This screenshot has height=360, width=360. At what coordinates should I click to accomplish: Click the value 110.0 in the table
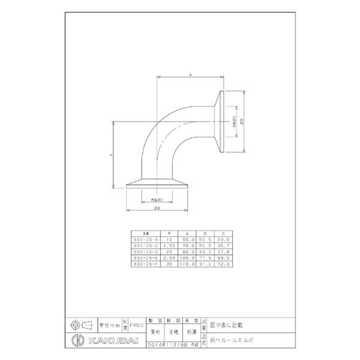click(188, 264)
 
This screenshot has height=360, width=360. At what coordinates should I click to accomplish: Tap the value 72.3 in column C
click(224, 264)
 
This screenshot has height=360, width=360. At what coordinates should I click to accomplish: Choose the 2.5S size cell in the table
click(169, 258)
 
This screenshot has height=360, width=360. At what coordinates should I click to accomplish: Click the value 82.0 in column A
click(188, 252)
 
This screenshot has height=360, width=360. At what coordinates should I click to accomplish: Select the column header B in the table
click(205, 234)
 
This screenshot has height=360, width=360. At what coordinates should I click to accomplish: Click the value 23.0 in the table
click(224, 240)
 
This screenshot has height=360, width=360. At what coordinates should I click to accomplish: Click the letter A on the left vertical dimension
click(110, 154)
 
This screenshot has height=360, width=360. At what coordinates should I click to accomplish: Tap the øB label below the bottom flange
click(157, 208)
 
